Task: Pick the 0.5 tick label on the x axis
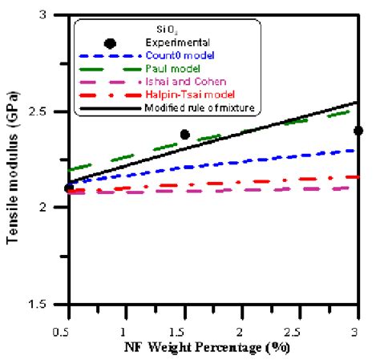[x=66, y=330]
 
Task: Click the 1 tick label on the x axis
[x=125, y=330]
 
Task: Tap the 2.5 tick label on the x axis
[x=300, y=330]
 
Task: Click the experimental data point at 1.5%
[x=184, y=135]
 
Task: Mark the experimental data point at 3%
[x=358, y=131]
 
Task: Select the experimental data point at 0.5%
[x=68, y=188]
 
